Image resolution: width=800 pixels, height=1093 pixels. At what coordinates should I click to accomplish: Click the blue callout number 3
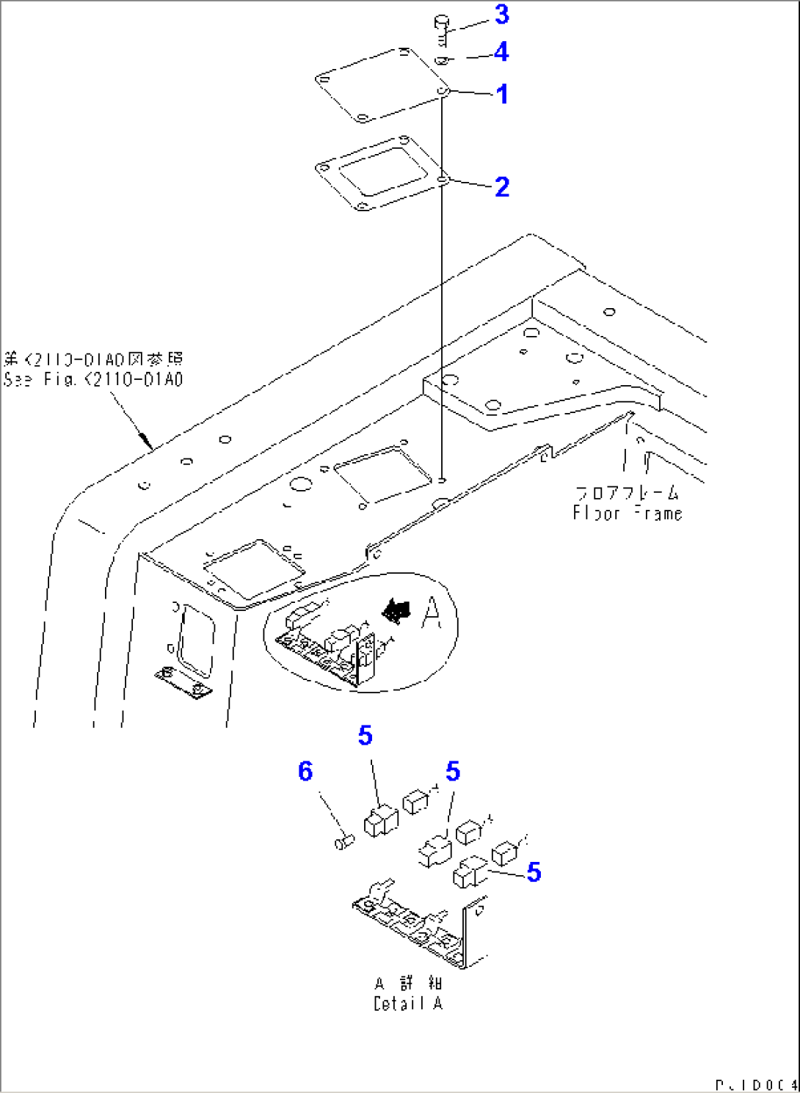click(502, 15)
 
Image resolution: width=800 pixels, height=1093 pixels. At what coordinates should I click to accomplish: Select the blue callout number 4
click(502, 52)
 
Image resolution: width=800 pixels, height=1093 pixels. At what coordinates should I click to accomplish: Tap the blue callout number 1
click(502, 94)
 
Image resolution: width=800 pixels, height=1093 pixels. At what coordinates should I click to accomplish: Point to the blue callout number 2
click(502, 187)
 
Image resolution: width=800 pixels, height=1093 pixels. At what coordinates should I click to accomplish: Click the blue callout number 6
click(305, 771)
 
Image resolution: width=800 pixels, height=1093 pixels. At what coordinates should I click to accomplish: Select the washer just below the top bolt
click(441, 60)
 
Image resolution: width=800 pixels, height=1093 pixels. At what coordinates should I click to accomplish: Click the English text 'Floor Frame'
click(628, 513)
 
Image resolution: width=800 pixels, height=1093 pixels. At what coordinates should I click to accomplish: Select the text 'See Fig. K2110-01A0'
click(93, 380)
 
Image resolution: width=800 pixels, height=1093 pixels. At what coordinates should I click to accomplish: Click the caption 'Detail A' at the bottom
click(408, 1004)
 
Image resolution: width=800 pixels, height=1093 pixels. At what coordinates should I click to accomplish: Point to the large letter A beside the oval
click(432, 613)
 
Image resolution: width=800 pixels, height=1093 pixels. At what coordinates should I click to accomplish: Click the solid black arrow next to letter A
click(397, 610)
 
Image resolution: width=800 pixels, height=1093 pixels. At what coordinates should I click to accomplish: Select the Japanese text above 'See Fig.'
click(93, 359)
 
